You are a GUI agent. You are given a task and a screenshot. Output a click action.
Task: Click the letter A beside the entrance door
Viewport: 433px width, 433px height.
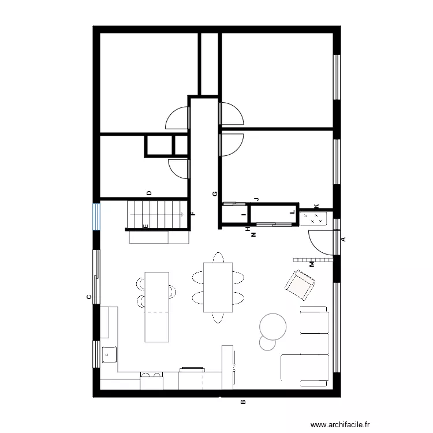tap(343, 239)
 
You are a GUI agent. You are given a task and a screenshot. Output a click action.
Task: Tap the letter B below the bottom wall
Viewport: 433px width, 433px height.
tap(243, 402)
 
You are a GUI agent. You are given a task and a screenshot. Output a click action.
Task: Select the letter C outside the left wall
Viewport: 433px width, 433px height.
tap(88, 297)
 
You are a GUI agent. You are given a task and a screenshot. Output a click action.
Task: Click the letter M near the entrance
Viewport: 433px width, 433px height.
tap(312, 264)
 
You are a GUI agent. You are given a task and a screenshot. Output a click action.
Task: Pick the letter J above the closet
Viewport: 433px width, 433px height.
tap(256, 199)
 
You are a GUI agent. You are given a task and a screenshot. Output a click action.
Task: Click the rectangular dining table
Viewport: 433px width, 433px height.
tap(218, 287)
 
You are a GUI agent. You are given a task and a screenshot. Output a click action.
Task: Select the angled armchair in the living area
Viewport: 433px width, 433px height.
tap(300, 285)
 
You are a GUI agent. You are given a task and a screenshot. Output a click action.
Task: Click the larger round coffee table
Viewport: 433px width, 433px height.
tap(273, 326)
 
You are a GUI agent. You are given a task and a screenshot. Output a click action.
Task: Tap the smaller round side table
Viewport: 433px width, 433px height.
tap(267, 343)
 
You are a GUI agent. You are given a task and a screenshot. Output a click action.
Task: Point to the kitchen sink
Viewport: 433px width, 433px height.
tap(109, 354)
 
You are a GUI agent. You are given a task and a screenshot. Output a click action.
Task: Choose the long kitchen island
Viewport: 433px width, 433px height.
tap(157, 307)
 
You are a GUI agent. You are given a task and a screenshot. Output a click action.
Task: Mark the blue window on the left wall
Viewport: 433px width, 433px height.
tap(97, 215)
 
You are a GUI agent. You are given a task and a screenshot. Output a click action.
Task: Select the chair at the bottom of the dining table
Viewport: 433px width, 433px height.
tap(218, 317)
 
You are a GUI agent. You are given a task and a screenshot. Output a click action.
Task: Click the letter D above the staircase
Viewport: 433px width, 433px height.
tap(149, 193)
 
